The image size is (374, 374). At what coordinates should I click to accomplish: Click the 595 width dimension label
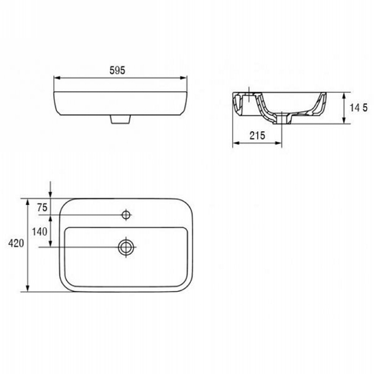(117, 71)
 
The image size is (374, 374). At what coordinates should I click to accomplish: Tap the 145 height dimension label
(359, 108)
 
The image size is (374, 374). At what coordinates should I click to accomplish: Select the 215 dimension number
(258, 136)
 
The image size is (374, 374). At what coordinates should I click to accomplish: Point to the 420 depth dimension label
(16, 243)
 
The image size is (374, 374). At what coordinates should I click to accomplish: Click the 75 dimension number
(42, 208)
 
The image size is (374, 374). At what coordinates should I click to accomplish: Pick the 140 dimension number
(40, 231)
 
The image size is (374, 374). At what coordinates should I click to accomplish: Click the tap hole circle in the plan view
(126, 215)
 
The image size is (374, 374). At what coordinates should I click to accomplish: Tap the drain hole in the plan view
(126, 247)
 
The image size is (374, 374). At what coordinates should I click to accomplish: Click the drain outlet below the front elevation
(121, 119)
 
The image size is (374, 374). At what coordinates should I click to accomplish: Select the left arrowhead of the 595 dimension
(57, 78)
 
